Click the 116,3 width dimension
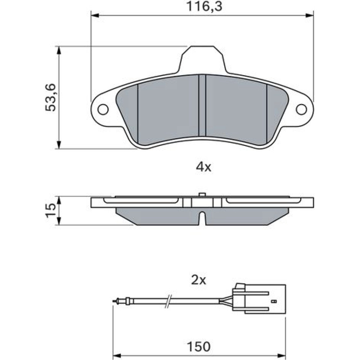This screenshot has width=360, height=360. (x=204, y=6)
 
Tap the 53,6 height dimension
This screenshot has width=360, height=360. (x=50, y=98)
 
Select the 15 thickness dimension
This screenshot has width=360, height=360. (x=50, y=210)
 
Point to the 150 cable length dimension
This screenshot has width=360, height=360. (x=199, y=346)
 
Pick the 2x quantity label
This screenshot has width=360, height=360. (x=199, y=280)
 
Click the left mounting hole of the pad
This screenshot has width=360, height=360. (x=103, y=109)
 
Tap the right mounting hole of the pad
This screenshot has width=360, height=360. (x=301, y=109)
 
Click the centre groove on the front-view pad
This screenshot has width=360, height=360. (x=202, y=106)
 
